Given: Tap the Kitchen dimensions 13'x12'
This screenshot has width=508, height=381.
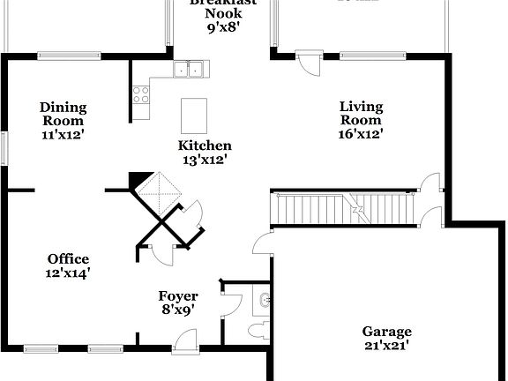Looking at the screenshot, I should pyautogui.click(x=205, y=160).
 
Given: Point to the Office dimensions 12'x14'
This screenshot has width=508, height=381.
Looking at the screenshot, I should pyautogui.click(x=68, y=273).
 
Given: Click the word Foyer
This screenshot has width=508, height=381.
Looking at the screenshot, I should pyautogui.click(x=177, y=295).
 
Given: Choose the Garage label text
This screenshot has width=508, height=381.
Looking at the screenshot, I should pyautogui.click(x=386, y=332).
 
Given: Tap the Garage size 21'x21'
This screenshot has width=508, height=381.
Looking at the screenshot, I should pyautogui.click(x=386, y=346).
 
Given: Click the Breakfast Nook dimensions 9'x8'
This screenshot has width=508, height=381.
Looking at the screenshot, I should pyautogui.click(x=223, y=28).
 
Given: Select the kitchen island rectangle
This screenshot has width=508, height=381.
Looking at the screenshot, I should pyautogui.click(x=193, y=115).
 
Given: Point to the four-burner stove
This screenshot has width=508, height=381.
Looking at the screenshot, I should pyautogui.click(x=140, y=93).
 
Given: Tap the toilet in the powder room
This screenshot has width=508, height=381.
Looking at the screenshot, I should pyautogui.click(x=257, y=331).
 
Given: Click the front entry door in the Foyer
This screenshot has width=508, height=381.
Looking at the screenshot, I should pyautogui.click(x=186, y=340).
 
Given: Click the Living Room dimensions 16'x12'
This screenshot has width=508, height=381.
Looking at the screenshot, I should pyautogui.click(x=361, y=134).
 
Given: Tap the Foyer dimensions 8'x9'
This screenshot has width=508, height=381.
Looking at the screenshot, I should pyautogui.click(x=177, y=310).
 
